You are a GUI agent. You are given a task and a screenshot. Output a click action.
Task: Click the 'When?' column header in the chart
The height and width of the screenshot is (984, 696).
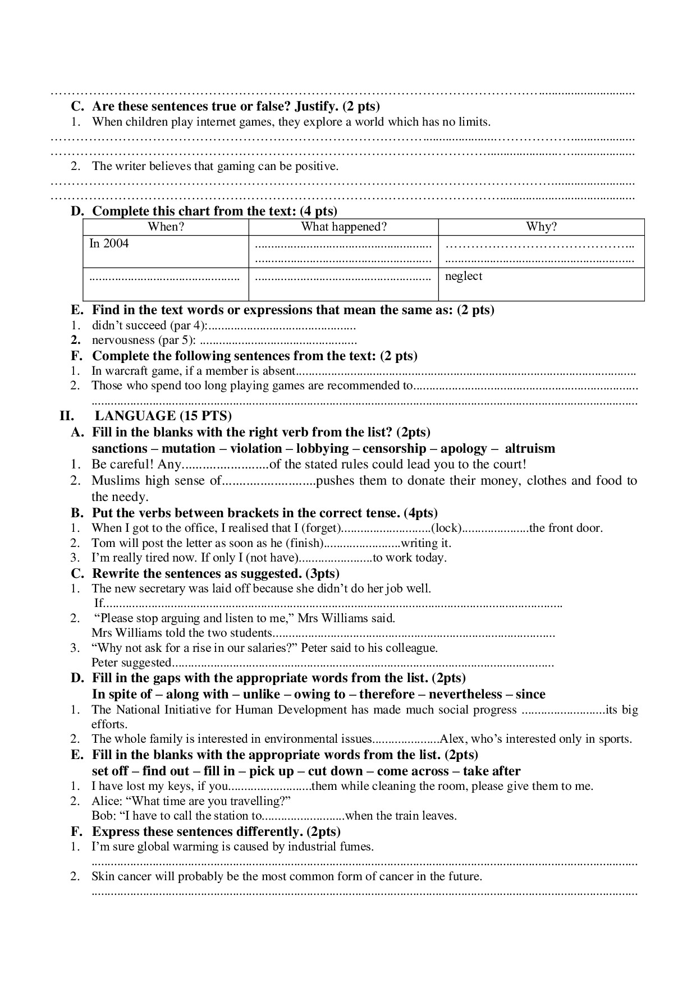coord(166,227)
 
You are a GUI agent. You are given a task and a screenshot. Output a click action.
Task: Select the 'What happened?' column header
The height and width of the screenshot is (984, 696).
coord(344,227)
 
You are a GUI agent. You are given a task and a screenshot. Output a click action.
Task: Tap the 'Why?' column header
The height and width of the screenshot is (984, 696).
coord(541,227)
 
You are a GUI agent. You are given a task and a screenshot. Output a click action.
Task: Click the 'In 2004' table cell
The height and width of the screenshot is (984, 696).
coord(109,243)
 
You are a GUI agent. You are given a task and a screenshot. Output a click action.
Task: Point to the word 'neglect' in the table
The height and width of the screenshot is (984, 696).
coord(464,276)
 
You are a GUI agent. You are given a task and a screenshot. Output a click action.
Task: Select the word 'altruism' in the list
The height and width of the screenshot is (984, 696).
coord(529,448)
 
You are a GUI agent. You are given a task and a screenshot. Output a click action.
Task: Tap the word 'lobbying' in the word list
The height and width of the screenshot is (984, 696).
coord(322,448)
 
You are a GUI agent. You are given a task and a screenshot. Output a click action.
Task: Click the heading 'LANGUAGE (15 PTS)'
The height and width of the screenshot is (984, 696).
coord(163,416)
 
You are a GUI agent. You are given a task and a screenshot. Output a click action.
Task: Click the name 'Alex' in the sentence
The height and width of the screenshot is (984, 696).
coord(451,739)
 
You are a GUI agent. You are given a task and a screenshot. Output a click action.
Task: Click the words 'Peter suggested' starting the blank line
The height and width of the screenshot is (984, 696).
coord(130,663)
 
